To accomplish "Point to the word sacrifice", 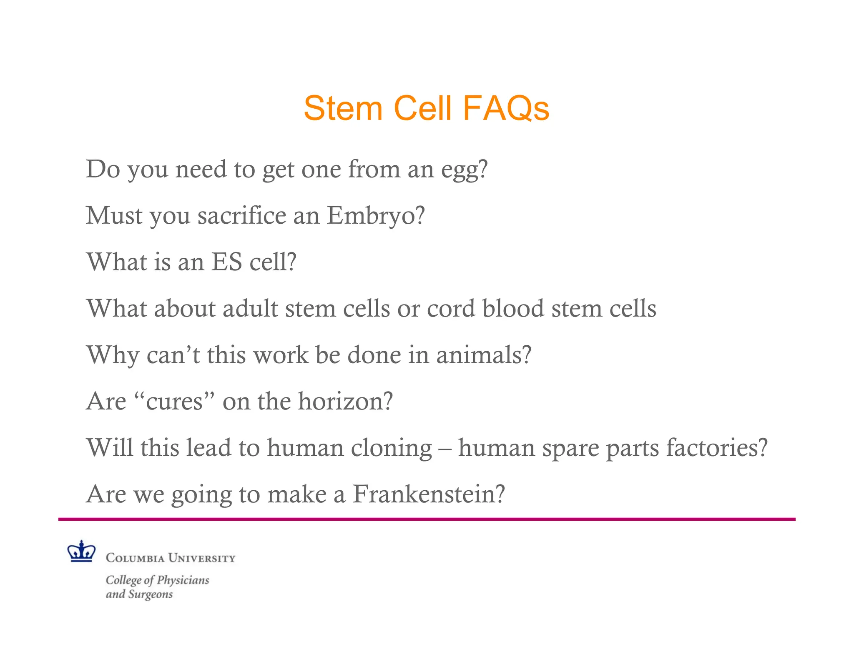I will (241, 216).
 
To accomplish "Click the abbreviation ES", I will (226, 262).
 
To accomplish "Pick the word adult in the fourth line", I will (250, 309).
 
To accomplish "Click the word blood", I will (513, 309).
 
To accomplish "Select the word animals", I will (483, 355).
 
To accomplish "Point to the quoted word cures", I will (174, 402).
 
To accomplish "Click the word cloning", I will (391, 448).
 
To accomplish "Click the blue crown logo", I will (81, 552).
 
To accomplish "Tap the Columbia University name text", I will (170, 558).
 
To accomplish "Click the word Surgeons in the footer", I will (150, 594).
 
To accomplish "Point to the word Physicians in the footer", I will (183, 580).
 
